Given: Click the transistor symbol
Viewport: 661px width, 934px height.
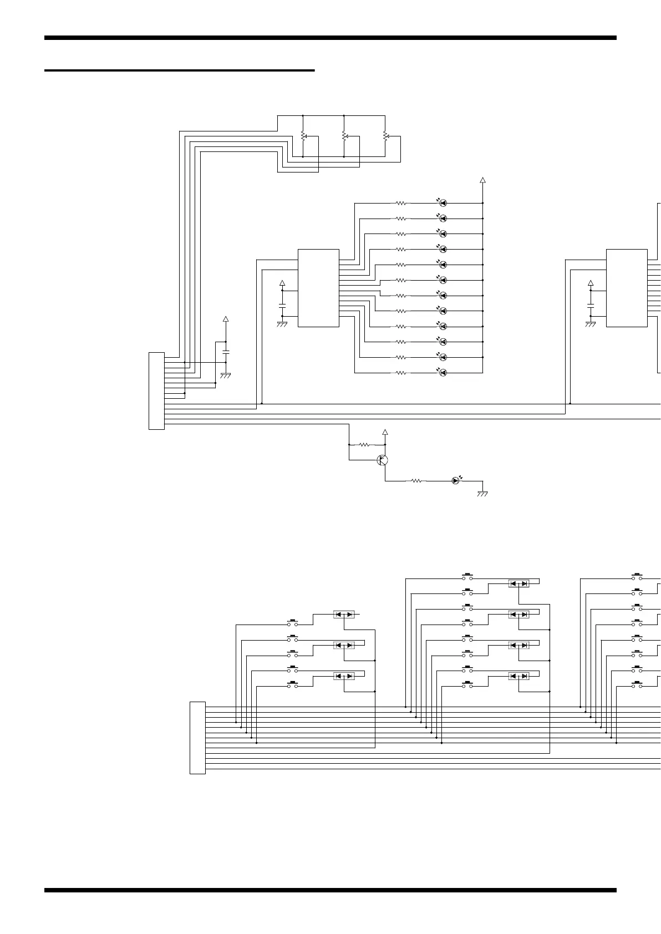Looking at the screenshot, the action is tap(382, 460).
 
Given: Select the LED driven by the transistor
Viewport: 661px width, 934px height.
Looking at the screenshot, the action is tap(455, 480).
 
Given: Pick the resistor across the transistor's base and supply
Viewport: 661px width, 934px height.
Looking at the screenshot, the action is tap(365, 444).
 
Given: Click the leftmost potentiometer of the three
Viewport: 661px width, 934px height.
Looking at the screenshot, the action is tap(303, 136).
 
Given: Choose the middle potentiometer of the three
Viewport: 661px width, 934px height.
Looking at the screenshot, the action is tap(344, 136).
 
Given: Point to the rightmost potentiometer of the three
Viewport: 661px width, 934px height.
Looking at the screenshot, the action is tap(385, 136).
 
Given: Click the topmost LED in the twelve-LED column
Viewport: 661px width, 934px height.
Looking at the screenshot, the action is tap(443, 203).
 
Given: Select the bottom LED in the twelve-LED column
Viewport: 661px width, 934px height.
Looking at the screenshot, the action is tap(443, 373).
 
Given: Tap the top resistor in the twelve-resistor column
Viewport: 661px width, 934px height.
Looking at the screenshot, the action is tap(400, 203).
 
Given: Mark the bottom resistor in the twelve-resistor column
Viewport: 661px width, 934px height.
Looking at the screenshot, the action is tap(400, 373).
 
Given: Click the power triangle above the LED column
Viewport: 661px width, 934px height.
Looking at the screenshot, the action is tap(482, 180).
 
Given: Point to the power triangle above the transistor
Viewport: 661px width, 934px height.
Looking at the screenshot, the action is tap(385, 432).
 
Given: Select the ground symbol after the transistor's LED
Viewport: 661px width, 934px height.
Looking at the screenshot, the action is tap(482, 493).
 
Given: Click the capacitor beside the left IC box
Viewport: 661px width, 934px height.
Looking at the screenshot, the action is tap(282, 306).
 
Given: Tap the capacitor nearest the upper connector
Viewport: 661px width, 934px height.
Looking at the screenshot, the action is tap(226, 352).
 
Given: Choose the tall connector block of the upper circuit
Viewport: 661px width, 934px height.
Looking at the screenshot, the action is tap(156, 390).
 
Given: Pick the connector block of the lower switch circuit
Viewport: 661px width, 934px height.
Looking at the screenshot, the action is tap(197, 738).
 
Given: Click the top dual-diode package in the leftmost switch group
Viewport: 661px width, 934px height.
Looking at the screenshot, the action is tap(344, 615).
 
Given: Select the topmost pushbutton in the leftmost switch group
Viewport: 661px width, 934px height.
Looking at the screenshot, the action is tap(292, 623).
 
